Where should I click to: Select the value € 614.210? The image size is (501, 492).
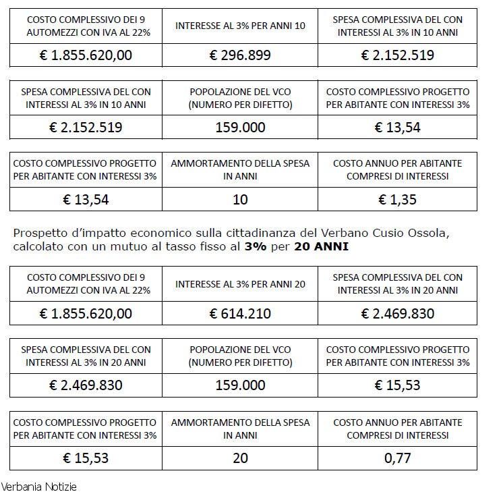240,313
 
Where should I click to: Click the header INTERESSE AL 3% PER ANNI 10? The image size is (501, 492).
240,26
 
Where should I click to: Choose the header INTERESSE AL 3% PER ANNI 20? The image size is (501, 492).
240,284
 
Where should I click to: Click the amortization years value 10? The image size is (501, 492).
240,199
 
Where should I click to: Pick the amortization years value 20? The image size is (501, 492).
240,458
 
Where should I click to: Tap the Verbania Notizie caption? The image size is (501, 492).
39,485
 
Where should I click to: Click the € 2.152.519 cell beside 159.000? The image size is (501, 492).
86,127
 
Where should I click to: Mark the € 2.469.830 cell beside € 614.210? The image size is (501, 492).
398,313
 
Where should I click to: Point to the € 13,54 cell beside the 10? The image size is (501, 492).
86,199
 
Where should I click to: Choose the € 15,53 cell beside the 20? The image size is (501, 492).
86,458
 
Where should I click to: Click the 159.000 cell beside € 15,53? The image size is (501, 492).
240,385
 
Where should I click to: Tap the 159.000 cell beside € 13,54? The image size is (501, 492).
240,127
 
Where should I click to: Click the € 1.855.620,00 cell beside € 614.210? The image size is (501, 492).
86,313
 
